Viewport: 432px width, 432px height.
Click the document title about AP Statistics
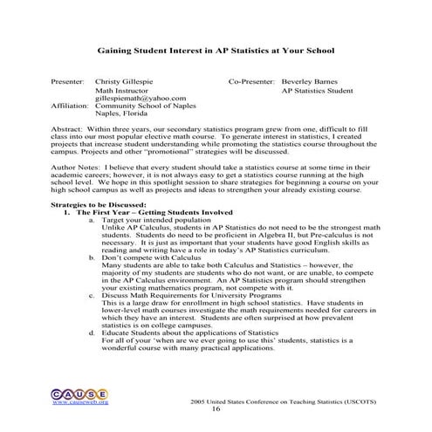[215, 51]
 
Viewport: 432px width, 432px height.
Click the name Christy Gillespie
[124, 79]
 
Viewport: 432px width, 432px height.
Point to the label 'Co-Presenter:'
[252, 79]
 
